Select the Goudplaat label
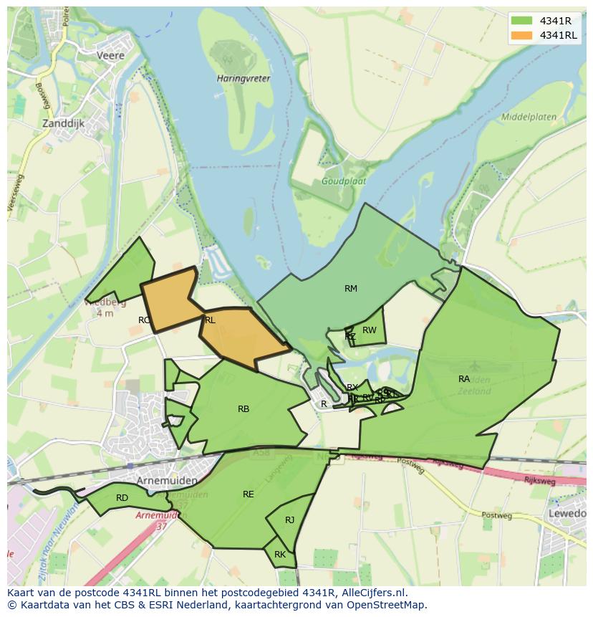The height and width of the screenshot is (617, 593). coord(344,181)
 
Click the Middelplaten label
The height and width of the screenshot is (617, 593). coord(529,116)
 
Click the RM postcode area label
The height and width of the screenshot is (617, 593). coord(350,289)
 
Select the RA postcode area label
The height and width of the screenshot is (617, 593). coord(464,378)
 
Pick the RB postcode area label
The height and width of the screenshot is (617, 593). coord(244,409)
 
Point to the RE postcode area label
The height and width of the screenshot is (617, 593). coord(249,494)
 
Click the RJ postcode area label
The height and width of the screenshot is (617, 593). coord(289,520)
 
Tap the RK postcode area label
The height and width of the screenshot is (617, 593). coord(280,555)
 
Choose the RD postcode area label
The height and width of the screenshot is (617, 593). coord(122,497)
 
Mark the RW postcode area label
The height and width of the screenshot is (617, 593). coord(370,330)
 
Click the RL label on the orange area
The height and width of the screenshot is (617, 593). coord(210,320)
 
